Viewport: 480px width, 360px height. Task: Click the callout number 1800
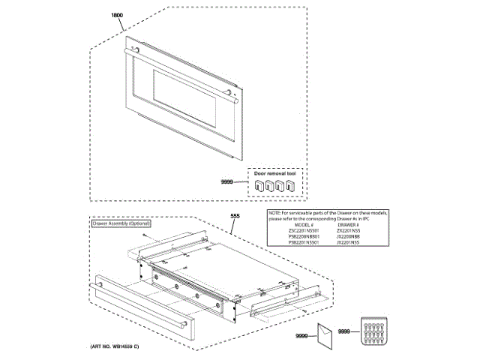pyautogui.click(x=116, y=16)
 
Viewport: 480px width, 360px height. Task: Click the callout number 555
pyautogui.click(x=235, y=216)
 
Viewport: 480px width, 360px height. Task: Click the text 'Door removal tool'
pyautogui.click(x=274, y=173)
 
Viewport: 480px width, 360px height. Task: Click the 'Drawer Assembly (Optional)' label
pyautogui.click(x=121, y=223)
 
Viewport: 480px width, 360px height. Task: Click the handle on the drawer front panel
pyautogui.click(x=138, y=303)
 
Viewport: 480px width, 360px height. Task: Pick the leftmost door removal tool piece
pyautogui.click(x=259, y=185)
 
